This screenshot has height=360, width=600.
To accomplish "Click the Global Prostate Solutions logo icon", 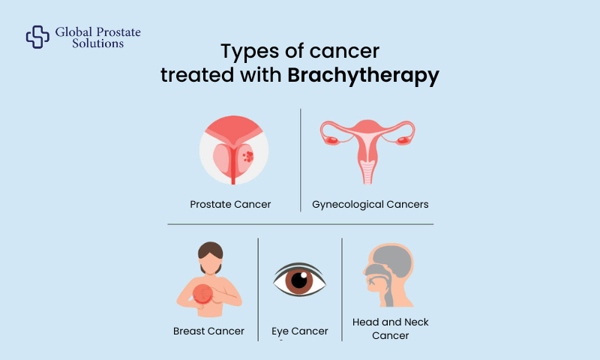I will click(37, 37).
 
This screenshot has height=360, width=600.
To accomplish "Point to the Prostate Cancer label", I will click(231, 204).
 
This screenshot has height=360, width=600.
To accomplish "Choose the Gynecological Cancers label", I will click(370, 204).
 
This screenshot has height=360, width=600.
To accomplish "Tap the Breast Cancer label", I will click(208, 331).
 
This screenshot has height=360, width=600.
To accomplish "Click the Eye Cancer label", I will click(300, 331).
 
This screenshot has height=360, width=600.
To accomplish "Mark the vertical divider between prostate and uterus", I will click(301, 159).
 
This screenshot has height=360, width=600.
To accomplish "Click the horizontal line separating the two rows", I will click(300, 223).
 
